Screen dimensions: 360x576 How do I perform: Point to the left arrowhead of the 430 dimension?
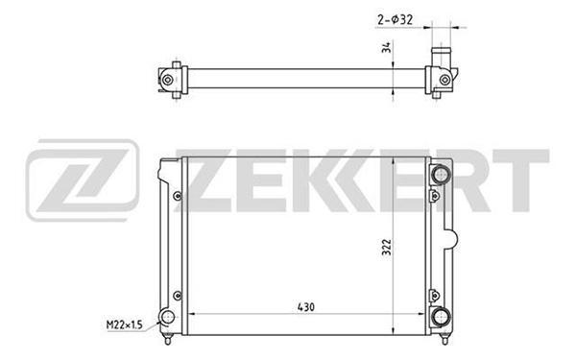pos(186,315)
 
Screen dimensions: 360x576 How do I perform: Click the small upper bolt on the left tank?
pos(178,198)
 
